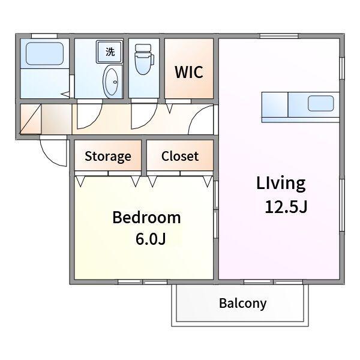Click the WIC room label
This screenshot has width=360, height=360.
tap(189, 72)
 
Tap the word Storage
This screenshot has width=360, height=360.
tap(108, 157)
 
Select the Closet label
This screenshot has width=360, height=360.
tap(180, 156)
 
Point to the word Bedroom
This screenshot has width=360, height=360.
tap(146, 217)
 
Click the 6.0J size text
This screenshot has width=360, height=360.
tap(151, 239)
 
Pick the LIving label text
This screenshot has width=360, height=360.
tap(281, 184)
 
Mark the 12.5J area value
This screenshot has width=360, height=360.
tap(286, 206)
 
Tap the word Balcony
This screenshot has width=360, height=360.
tap(242, 304)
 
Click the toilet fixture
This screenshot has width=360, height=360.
tap(144, 59)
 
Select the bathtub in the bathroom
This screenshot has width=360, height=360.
tap(44, 53)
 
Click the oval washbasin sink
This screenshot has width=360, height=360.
tap(110, 82)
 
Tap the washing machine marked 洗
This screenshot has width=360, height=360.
tap(110, 52)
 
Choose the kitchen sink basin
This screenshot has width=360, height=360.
tap(321, 104)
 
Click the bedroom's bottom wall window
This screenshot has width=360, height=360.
tap(143, 282)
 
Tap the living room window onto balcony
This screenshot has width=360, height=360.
tap(273, 282)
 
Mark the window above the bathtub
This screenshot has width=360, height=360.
tap(44, 36)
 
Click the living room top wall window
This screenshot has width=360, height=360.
tap(279, 36)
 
